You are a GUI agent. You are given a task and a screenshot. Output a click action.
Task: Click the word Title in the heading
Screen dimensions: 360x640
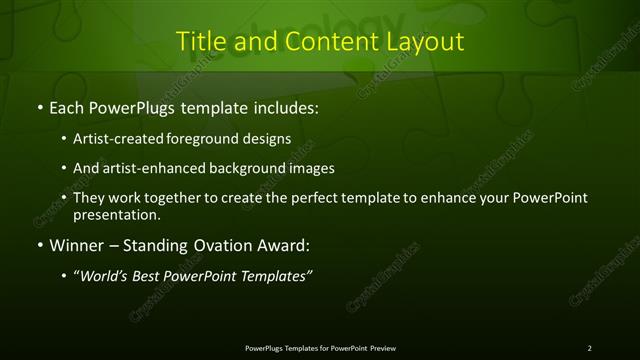coord(200,41)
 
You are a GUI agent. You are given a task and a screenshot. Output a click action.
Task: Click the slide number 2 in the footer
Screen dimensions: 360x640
coord(590,347)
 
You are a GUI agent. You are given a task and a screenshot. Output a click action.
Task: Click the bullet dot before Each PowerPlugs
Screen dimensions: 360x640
coord(38,106)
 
